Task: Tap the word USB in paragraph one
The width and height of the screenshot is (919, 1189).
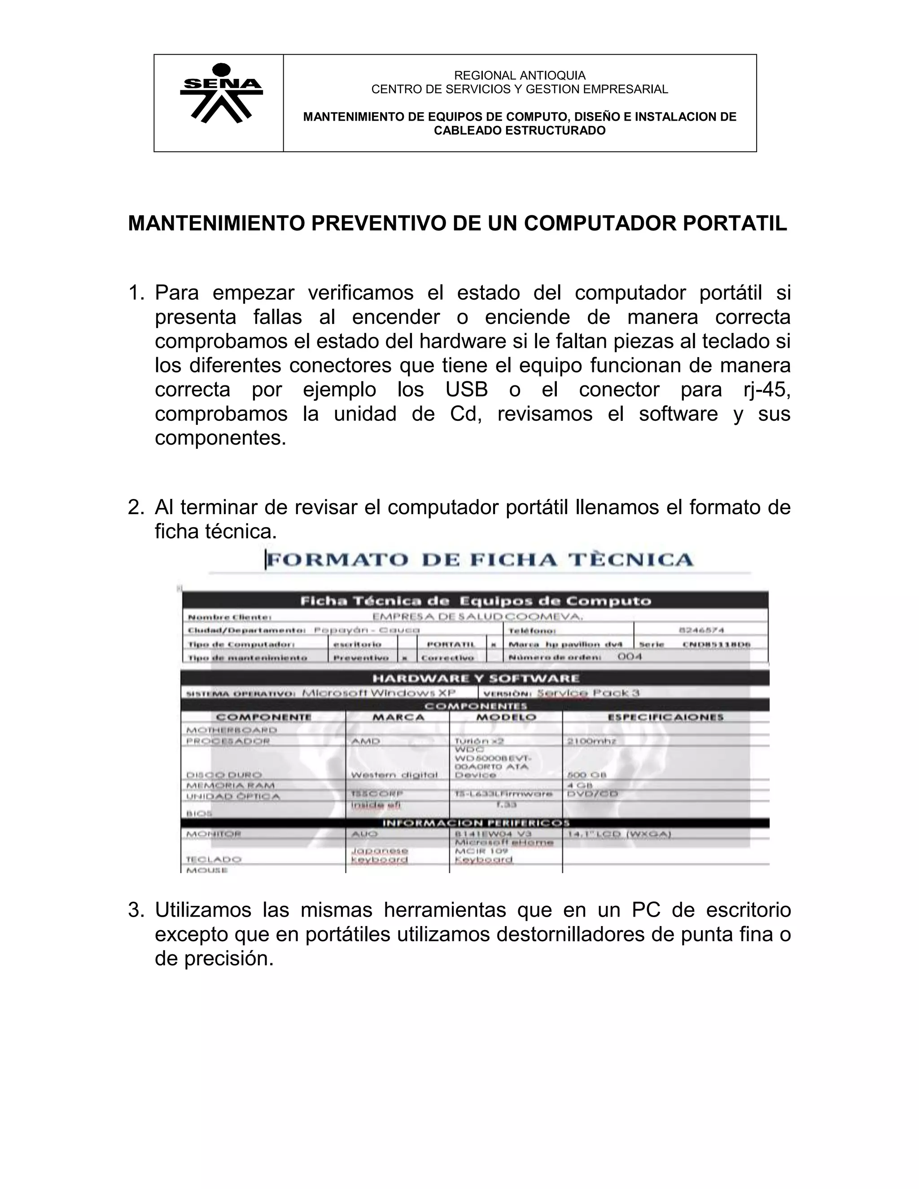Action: (x=466, y=390)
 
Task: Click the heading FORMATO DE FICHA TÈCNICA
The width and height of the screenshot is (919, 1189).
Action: (x=479, y=560)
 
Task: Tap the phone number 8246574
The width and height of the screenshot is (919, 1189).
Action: (x=700, y=630)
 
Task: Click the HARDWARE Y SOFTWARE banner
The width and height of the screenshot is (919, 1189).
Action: (x=475, y=678)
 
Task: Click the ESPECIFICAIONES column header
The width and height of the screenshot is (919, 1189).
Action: (x=665, y=717)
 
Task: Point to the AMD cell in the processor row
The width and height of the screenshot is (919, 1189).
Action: (x=366, y=741)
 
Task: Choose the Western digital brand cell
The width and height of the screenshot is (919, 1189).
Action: (x=394, y=775)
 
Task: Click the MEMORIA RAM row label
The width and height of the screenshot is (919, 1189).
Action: (x=230, y=786)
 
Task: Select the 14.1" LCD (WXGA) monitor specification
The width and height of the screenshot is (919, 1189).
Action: (x=619, y=834)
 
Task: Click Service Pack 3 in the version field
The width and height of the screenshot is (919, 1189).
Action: (x=588, y=693)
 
